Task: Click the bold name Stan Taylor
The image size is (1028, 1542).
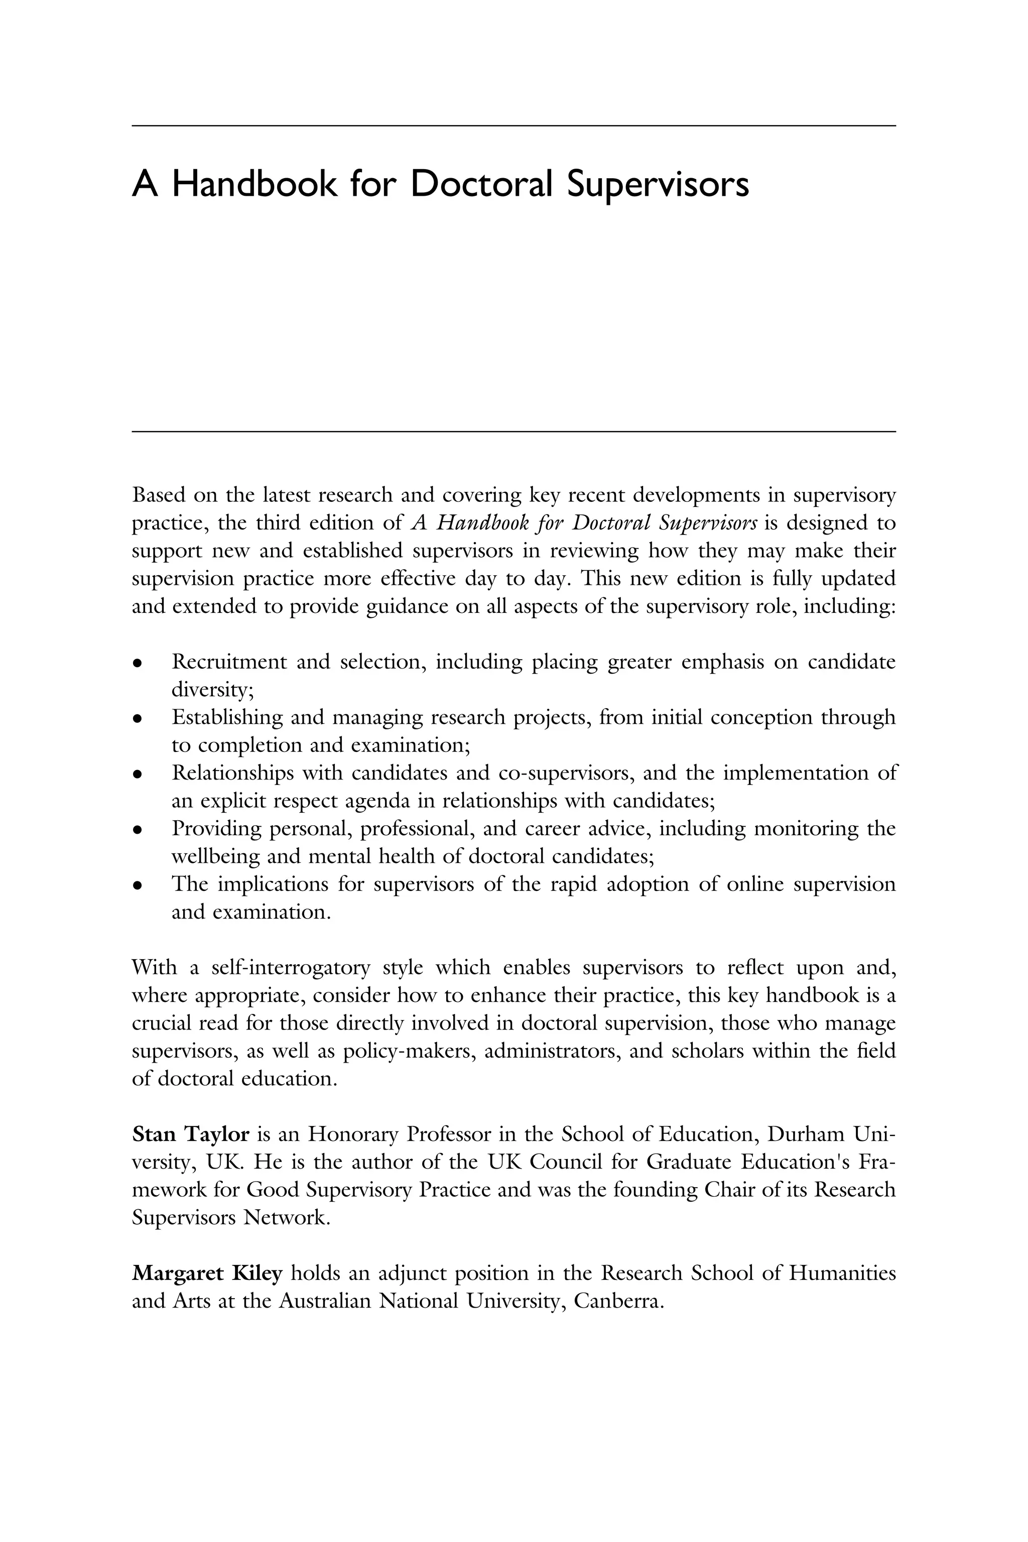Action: coord(190,1134)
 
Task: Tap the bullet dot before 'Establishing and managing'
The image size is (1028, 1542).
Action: coord(137,719)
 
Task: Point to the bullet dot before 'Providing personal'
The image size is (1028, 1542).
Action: coord(137,831)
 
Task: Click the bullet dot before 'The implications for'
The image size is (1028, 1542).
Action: coord(137,886)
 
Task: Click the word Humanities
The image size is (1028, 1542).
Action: coord(842,1274)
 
